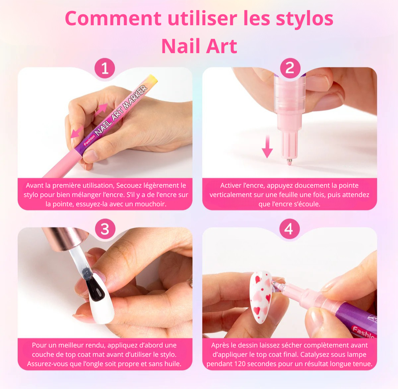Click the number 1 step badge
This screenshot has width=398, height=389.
pos(105,68)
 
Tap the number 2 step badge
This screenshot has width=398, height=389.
pos(290,68)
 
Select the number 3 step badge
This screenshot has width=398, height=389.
pos(105,229)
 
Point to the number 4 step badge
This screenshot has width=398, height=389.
pos(289,229)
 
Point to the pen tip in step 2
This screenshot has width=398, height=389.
pos(289,161)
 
